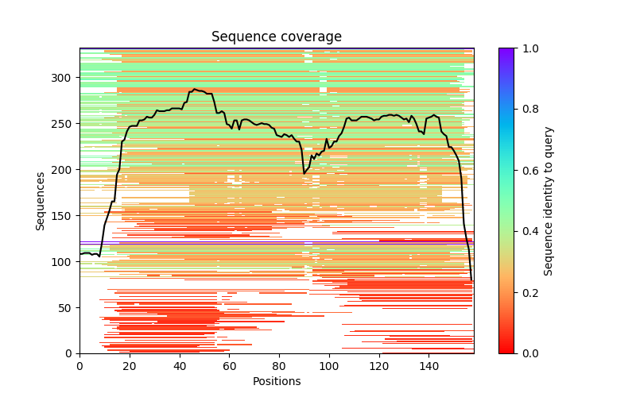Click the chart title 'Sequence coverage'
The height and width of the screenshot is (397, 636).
(276, 37)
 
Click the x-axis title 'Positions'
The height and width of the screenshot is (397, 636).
(276, 381)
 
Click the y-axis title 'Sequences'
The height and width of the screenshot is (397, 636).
(40, 201)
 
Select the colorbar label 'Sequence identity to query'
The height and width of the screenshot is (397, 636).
(549, 201)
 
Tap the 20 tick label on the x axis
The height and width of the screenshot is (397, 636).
(130, 365)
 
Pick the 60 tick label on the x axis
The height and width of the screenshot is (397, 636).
(230, 365)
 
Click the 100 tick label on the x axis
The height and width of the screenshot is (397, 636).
(329, 365)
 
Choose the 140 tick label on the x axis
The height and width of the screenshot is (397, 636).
(429, 365)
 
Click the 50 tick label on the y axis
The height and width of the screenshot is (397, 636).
(64, 307)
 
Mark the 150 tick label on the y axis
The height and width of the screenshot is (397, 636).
(60, 216)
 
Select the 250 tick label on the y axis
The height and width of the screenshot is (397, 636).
(60, 124)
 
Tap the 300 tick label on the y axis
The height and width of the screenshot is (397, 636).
(60, 78)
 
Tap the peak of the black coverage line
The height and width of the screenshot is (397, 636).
(194, 90)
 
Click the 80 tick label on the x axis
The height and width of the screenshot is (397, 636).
(279, 365)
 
